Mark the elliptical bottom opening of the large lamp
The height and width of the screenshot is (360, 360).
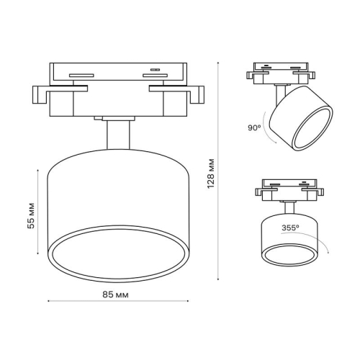pos(117,256)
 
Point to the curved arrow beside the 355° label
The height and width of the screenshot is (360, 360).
pos(325,246)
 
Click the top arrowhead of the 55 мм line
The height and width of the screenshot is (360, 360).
pos(37,170)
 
